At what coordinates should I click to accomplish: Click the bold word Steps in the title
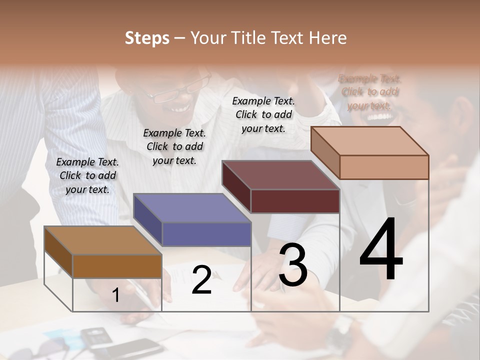pyautogui.click(x=147, y=38)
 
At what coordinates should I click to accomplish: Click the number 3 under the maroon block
pyautogui.click(x=293, y=265)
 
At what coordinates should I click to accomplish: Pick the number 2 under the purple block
pyautogui.click(x=201, y=280)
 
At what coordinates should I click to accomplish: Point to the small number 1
pyautogui.click(x=116, y=295)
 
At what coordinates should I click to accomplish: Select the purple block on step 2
pyautogui.click(x=206, y=234)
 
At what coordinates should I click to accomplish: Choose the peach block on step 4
pyautogui.click(x=383, y=167)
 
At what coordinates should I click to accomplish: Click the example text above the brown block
pyautogui.click(x=87, y=175)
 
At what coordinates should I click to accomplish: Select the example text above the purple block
pyautogui.click(x=174, y=146)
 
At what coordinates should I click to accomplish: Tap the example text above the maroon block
pyautogui.click(x=263, y=114)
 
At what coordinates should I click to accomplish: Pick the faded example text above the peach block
pyautogui.click(x=369, y=92)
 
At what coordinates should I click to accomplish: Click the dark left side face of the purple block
pyautogui.click(x=148, y=220)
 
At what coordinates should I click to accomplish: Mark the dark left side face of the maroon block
pyautogui.click(x=236, y=187)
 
